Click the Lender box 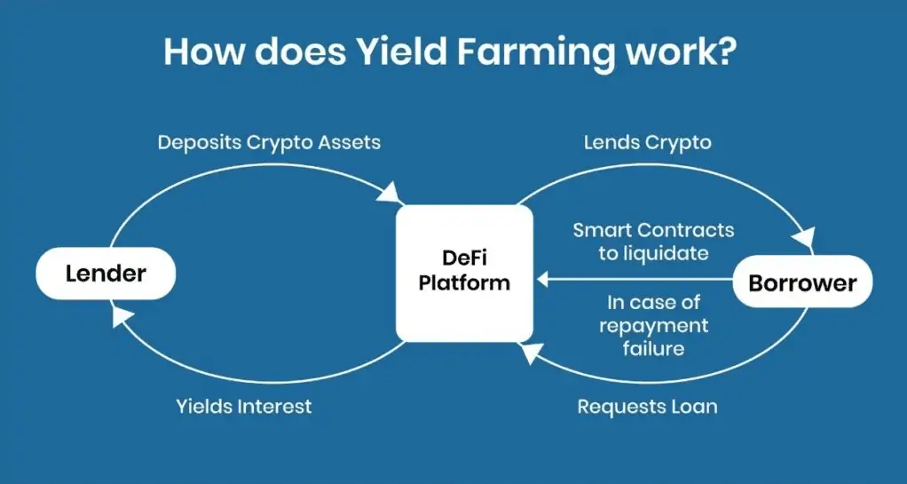[105, 274]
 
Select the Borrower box [802, 283]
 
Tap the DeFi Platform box [463, 272]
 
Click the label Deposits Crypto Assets [269, 142]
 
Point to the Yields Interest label [243, 407]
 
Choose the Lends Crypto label [647, 142]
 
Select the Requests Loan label [647, 407]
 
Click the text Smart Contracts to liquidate [653, 242]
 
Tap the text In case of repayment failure [653, 325]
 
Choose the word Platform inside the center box [464, 283]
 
